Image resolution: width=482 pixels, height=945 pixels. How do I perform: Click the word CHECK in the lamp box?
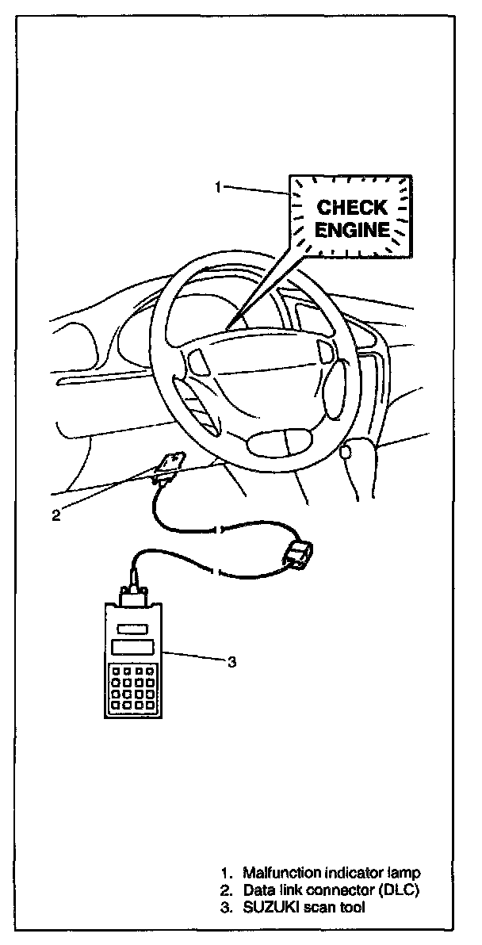point(352,208)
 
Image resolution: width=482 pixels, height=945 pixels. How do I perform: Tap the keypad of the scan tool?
point(132,687)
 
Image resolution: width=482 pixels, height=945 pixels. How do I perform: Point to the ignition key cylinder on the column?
point(346,451)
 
